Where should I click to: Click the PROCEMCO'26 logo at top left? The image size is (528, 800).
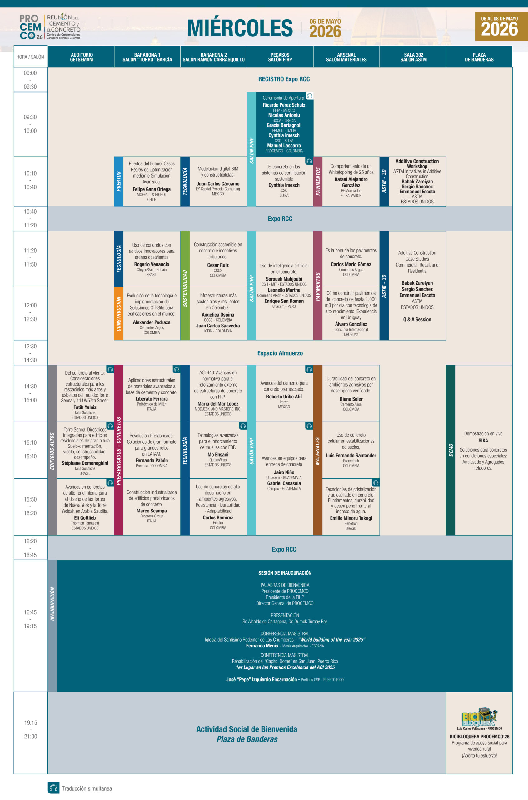point(50,27)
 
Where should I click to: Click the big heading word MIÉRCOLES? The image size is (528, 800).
point(240,27)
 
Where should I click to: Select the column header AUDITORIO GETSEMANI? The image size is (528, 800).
point(82,57)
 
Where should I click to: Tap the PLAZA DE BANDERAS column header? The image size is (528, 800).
point(479,57)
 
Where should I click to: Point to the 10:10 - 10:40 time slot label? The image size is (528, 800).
point(30,180)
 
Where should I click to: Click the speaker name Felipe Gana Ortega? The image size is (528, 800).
point(152,189)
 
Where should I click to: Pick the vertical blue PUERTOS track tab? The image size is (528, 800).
point(118,181)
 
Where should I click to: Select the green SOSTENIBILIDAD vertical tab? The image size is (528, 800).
point(185,285)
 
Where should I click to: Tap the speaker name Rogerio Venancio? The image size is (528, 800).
point(152,264)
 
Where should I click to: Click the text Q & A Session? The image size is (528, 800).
point(417,319)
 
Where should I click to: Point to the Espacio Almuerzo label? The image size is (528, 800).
point(280,353)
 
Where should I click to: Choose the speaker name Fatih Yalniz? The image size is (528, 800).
point(85,407)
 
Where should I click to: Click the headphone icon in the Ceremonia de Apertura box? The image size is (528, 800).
point(310,96)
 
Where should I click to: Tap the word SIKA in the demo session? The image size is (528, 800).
point(483,441)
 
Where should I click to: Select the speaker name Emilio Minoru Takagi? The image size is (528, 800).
point(351,518)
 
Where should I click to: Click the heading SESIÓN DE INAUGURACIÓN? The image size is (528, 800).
point(285,572)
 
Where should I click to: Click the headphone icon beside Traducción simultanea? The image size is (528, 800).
point(53,787)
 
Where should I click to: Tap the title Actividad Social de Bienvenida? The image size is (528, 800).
point(247,729)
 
